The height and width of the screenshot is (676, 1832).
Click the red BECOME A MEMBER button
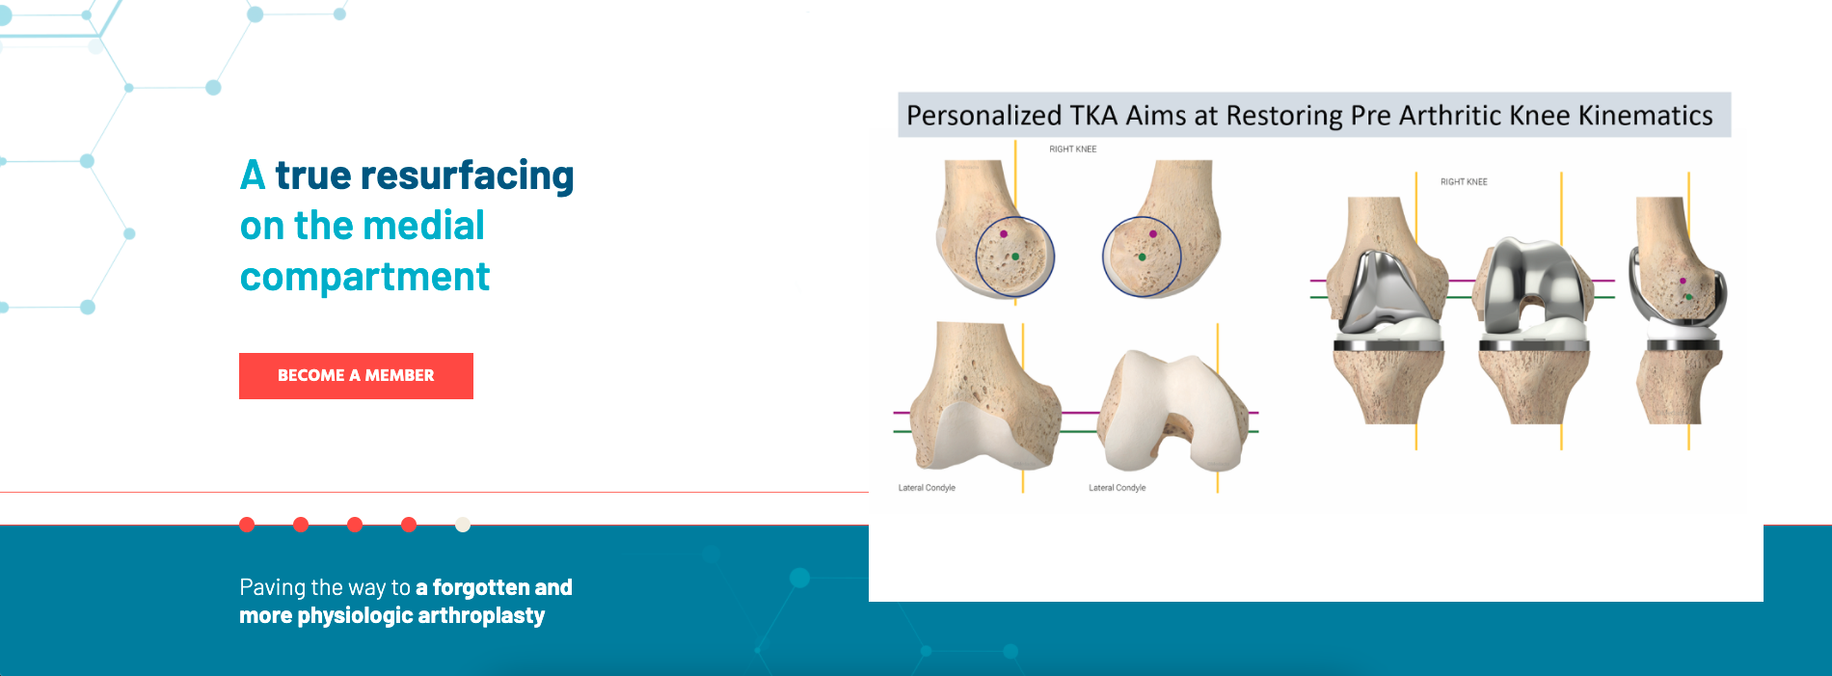point(356,376)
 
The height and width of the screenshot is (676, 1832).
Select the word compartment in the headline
point(364,278)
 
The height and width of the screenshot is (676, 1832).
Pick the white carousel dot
point(463,525)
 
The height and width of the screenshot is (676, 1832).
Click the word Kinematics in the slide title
point(1645,116)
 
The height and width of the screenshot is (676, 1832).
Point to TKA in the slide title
point(1094,116)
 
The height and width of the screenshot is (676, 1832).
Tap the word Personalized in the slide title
point(984,116)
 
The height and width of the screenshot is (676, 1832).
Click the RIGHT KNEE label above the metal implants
point(1464,181)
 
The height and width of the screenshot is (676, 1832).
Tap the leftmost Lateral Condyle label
point(927,488)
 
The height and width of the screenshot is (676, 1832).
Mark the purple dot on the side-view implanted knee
point(1684,281)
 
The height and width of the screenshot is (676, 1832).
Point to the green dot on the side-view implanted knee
point(1688,297)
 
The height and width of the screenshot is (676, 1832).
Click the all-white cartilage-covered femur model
point(1176,413)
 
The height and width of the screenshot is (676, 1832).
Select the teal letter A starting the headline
point(253,176)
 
